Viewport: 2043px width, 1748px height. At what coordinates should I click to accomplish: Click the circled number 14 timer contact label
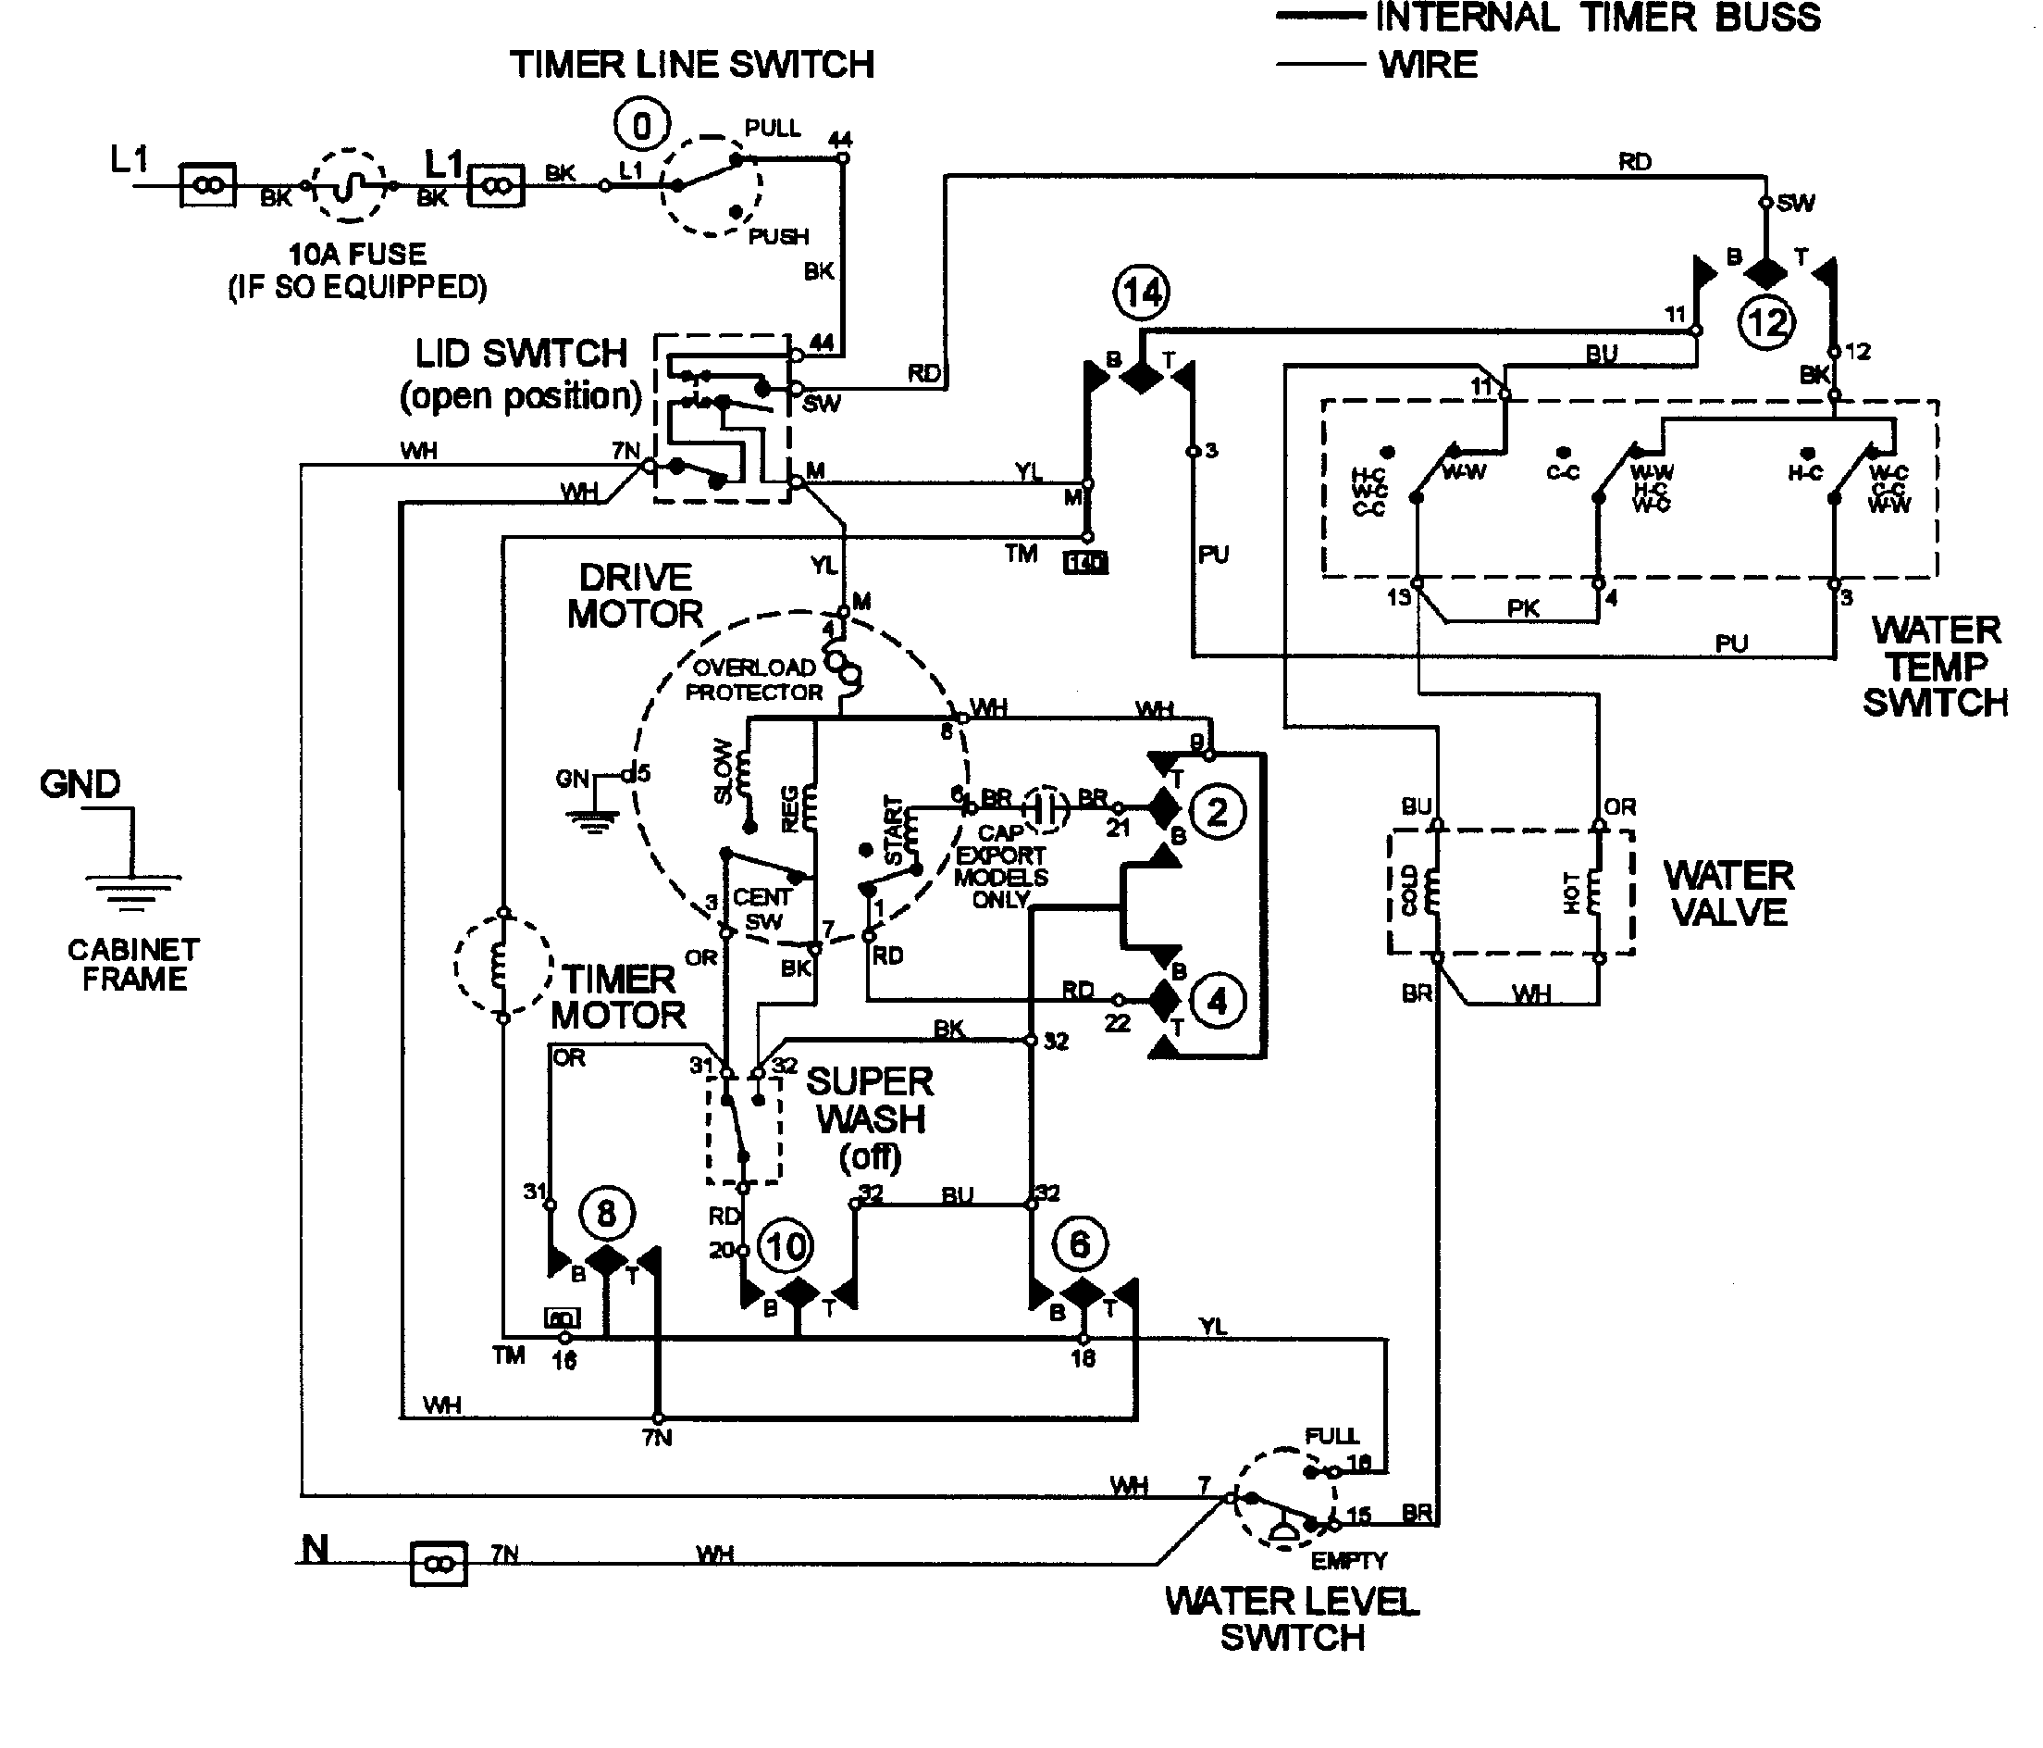pos(1142,292)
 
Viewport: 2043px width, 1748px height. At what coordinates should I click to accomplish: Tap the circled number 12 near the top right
pos(1766,322)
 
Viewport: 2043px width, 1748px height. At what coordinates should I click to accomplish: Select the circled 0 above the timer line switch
pos(642,126)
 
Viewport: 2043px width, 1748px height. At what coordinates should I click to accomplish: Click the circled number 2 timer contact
pos(1218,812)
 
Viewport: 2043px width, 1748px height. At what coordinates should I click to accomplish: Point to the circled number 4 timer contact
pos(1218,1001)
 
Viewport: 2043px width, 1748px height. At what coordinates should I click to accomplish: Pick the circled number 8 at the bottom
pos(605,1212)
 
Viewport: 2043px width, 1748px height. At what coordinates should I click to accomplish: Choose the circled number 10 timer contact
pos(786,1246)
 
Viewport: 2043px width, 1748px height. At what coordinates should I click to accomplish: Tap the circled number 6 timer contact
pos(1080,1244)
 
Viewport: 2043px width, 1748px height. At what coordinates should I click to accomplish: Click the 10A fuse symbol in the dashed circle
pos(349,185)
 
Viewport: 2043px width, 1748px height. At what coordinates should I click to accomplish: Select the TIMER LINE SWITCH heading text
pos(691,65)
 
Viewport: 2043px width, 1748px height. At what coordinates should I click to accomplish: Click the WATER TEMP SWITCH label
pos(1935,667)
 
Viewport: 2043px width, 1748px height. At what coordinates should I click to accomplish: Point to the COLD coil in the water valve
pos(1426,891)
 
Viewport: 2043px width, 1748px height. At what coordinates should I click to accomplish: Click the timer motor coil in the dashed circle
pos(501,965)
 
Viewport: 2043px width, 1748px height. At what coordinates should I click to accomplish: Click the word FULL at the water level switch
pos(1331,1436)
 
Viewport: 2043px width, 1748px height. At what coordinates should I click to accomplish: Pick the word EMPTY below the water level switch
pos(1349,1562)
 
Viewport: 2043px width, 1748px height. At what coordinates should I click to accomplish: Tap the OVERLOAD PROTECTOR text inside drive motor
pos(754,680)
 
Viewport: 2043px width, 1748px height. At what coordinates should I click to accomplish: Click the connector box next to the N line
pos(438,1564)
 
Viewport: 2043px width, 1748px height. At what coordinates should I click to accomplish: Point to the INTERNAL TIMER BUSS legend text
pos(1597,18)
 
